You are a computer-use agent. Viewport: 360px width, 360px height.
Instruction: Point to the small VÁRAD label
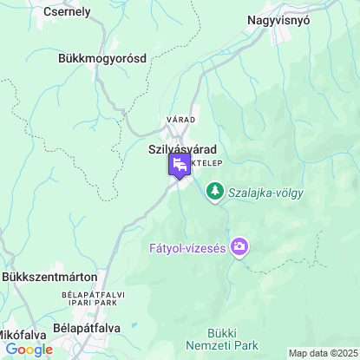point(181,119)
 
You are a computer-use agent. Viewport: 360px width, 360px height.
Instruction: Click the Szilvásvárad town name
point(182,149)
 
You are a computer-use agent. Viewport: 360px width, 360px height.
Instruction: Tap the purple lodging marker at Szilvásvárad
point(180,165)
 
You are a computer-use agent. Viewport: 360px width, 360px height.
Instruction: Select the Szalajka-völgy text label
point(265,193)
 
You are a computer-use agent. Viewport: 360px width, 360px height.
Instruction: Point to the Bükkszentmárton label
point(49,277)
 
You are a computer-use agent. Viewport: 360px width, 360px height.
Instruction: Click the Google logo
point(29,350)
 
